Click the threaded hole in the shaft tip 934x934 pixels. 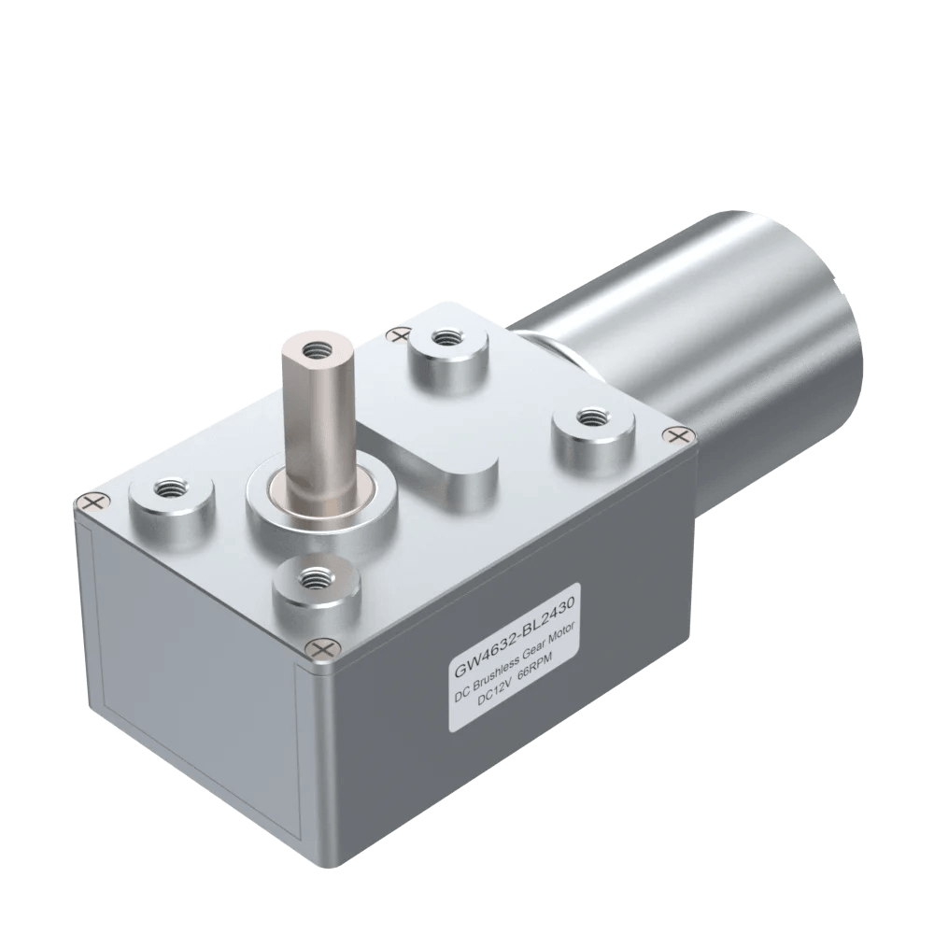click(313, 348)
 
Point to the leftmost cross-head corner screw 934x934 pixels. click(91, 503)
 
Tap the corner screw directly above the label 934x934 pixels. click(323, 646)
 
